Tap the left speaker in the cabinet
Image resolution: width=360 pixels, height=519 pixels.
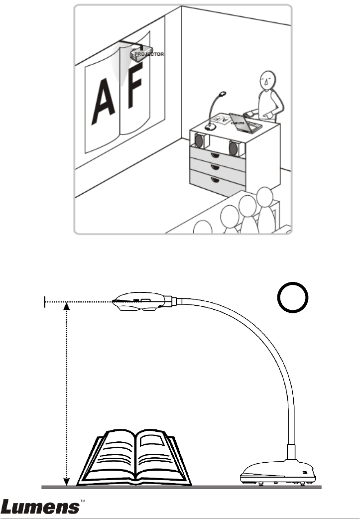(x=198, y=141)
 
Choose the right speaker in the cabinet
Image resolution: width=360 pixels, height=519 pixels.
(x=233, y=147)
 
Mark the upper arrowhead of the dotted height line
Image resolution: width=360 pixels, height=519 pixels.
(x=68, y=307)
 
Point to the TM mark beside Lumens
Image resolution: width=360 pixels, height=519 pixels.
(x=84, y=500)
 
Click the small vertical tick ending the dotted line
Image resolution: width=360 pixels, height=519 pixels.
(x=45, y=301)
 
